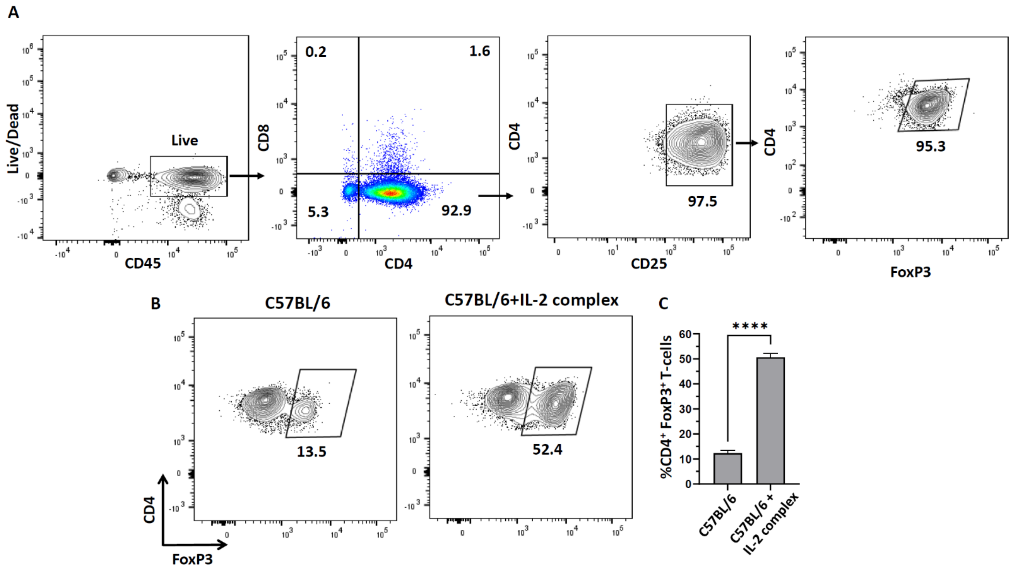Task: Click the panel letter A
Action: click(x=13, y=13)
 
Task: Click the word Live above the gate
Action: click(x=184, y=140)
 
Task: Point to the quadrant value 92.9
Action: click(x=456, y=211)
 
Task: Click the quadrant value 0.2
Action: click(x=316, y=52)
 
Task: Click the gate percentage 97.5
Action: click(x=702, y=202)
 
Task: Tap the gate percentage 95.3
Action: click(x=930, y=146)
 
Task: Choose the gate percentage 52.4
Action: click(x=547, y=449)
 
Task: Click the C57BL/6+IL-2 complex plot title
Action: click(x=531, y=300)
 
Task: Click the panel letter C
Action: click(x=663, y=303)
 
